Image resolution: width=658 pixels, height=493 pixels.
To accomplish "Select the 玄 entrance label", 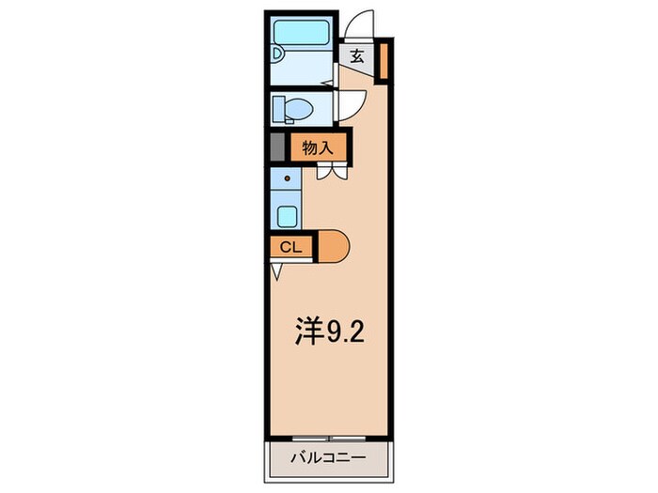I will (358, 55).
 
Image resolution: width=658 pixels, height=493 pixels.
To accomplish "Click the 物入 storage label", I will (318, 148).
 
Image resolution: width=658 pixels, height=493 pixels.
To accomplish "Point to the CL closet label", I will (290, 247).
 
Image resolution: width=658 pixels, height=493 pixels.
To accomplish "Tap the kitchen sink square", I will (287, 215).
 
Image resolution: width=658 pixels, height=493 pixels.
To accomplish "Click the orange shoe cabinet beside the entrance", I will (384, 60).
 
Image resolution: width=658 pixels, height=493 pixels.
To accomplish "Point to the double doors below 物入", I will (329, 172).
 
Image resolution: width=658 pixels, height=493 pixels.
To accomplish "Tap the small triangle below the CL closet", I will (275, 271).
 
